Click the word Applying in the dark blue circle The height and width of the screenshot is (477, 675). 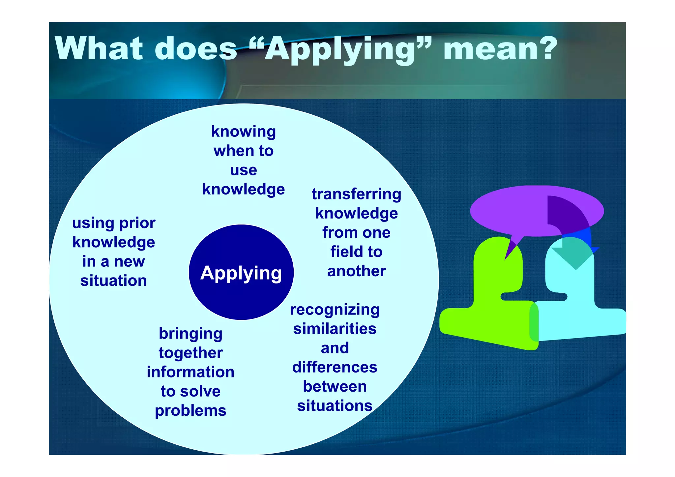pos(241,273)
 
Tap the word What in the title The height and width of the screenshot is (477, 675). pos(99,49)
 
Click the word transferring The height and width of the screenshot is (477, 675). pos(356,194)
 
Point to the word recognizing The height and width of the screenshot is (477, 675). pos(335,310)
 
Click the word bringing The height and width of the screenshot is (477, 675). pos(191,334)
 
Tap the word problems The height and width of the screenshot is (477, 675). pos(191,411)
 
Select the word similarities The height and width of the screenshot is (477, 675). pos(335,329)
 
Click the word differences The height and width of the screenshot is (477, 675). pos(335,367)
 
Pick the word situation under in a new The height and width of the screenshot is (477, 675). pos(113,281)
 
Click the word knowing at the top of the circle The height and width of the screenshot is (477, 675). pos(244,132)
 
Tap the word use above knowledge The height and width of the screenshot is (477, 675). pos(244,170)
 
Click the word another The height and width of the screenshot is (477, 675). pos(356,271)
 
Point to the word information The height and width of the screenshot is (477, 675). pos(191,372)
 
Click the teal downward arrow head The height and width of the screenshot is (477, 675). pos(575,257)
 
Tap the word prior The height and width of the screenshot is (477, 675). pos(137,223)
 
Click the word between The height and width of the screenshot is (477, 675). pos(335,386)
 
